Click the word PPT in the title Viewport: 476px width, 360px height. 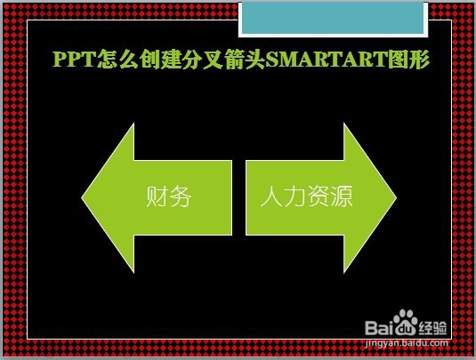coord(75,59)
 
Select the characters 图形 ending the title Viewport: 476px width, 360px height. coord(409,59)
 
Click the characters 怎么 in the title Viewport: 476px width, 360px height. coord(117,59)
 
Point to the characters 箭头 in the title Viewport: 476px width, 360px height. coord(245,59)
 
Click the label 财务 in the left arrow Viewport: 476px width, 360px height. coord(169,196)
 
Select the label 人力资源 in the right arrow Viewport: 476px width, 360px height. coord(307,196)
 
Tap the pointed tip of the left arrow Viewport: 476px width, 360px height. coord(82,197)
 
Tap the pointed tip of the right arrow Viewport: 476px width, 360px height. coord(396,197)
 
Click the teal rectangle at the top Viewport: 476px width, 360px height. coord(333,18)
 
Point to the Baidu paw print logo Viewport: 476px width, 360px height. coord(405,322)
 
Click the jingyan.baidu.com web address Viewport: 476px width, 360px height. coord(407,343)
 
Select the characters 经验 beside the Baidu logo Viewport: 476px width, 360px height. coord(433,327)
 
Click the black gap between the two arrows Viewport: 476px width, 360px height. coord(239,197)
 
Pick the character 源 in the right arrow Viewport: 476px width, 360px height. coord(342,196)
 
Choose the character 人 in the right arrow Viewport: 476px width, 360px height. coord(271,196)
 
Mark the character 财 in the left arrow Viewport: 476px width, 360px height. coord(157,196)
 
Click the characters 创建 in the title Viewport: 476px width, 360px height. coord(160,59)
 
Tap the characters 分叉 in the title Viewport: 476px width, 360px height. coord(203,59)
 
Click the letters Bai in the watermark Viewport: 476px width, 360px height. coord(379,327)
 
